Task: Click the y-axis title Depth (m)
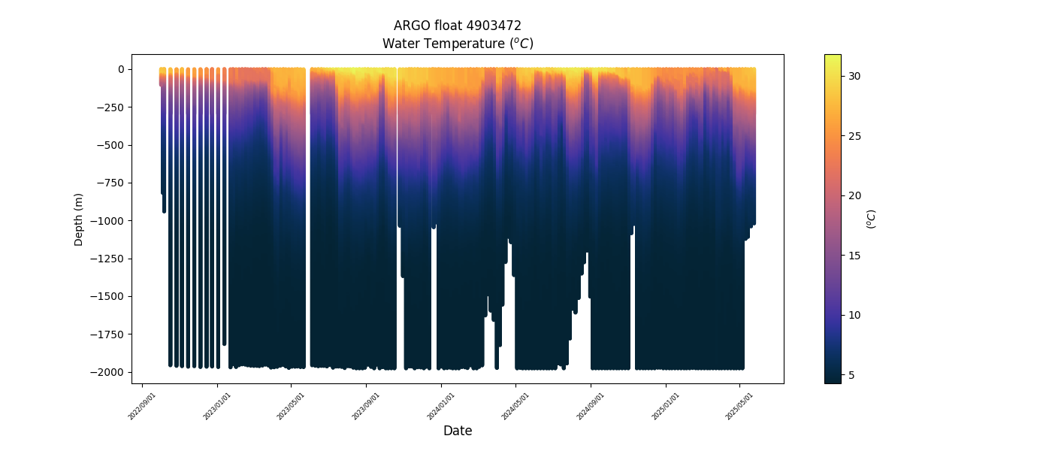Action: pyautogui.click(x=79, y=219)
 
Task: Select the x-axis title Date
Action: pyautogui.click(x=458, y=431)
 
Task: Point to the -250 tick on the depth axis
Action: pyautogui.click(x=110, y=107)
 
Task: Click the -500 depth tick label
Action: pyautogui.click(x=110, y=145)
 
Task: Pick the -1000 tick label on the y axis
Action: pyautogui.click(x=108, y=220)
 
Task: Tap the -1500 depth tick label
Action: pyautogui.click(x=108, y=296)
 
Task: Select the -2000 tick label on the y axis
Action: pyautogui.click(x=108, y=372)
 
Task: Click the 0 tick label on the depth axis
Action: pyautogui.click(x=120, y=69)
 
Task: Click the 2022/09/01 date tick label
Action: pyautogui.click(x=143, y=405)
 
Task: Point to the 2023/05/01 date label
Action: pyautogui.click(x=292, y=405)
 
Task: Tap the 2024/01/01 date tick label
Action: pyautogui.click(x=441, y=405)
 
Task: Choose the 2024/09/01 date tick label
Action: pyautogui.click(x=591, y=405)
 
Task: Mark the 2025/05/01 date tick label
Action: pyautogui.click(x=739, y=405)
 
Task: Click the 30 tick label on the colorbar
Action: pyautogui.click(x=854, y=76)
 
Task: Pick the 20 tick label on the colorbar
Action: pyautogui.click(x=854, y=195)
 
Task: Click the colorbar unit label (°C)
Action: pyautogui.click(x=871, y=219)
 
